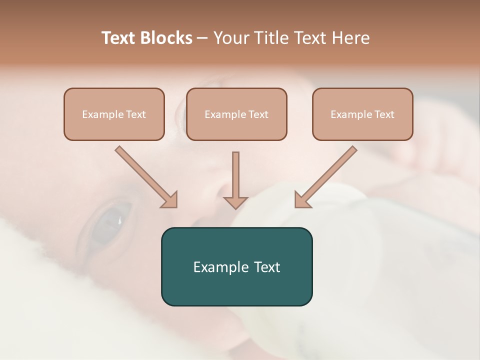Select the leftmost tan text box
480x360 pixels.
pos(114,114)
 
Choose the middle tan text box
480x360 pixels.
pos(236,114)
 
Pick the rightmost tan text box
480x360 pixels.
pos(362,114)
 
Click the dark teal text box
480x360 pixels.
pos(236,266)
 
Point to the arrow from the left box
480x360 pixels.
pos(145,176)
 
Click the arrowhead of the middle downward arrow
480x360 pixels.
pos(235,202)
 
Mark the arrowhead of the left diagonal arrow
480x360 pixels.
pos(170,200)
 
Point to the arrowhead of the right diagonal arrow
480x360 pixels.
pos(301,200)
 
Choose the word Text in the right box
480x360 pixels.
pos(384,114)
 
